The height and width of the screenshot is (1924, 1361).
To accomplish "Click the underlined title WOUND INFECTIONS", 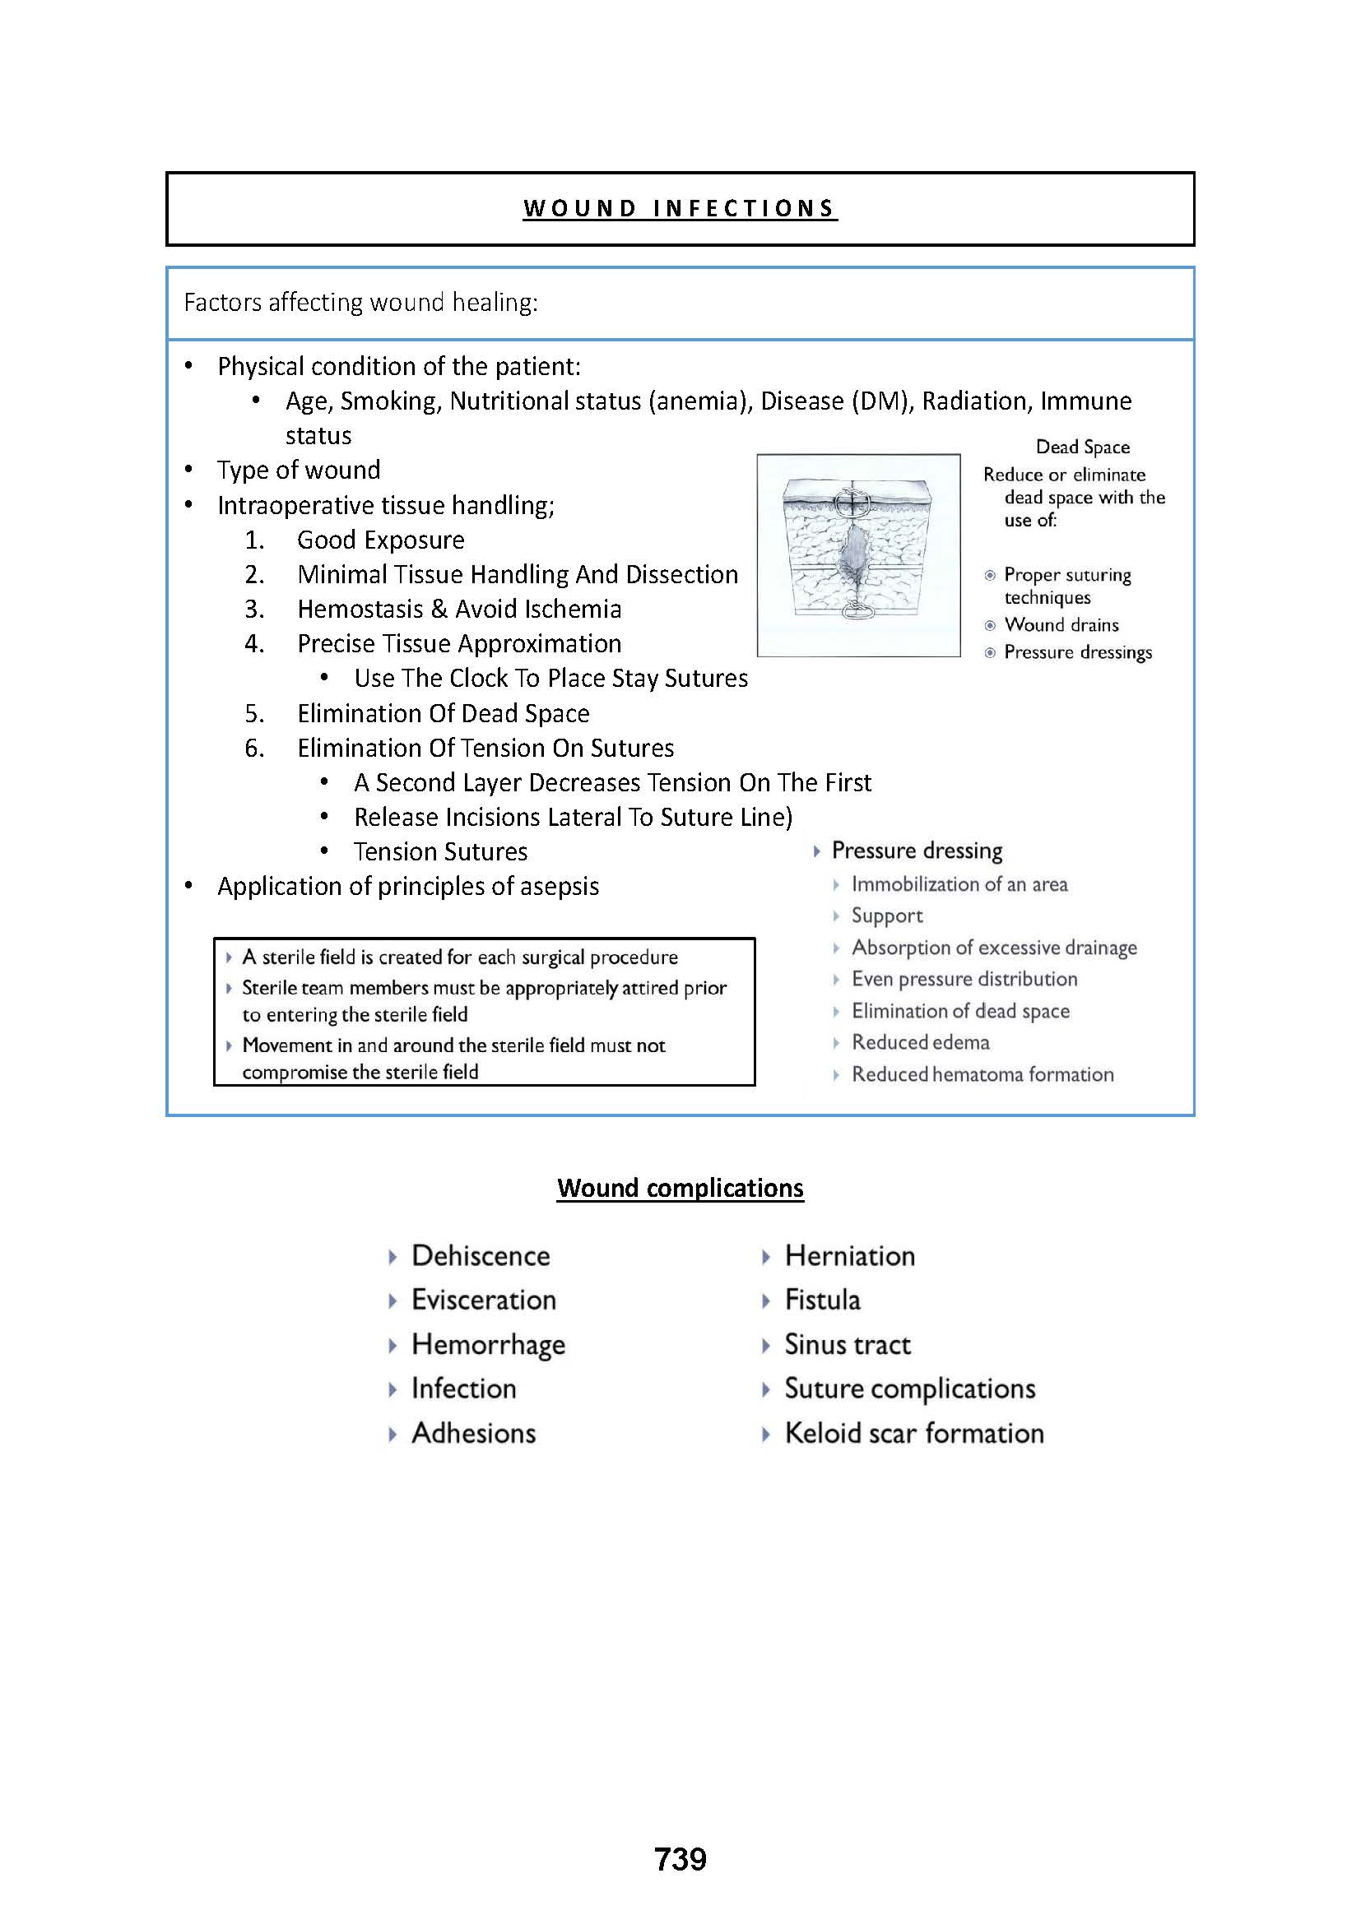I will pos(680,208).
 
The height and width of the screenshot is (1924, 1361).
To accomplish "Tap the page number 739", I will pos(680,1859).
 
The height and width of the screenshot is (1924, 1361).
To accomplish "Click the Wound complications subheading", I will pos(680,1188).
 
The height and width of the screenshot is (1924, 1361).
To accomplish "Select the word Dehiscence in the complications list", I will pos(481,1255).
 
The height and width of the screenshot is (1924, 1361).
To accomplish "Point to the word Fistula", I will pos(822,1300).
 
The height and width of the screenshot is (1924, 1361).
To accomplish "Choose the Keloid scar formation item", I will pos(913,1433).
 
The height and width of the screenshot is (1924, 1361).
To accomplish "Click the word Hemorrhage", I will pos(488,1344).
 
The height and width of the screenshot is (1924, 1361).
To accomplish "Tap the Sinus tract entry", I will pos(847,1344).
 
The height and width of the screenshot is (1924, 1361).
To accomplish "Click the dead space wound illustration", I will pos(858,554).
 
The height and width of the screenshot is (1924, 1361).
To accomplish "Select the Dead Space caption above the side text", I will pos(1082,447).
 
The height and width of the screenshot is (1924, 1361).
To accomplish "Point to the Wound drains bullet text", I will pos(1061,624).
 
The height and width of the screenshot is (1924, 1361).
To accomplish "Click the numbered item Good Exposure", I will pos(380,540).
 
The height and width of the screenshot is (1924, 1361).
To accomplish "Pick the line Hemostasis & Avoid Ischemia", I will pos(459,610).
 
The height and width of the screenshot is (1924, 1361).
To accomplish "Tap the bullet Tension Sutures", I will pos(440,851).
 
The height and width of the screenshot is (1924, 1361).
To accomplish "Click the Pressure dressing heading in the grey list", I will pos(916,851).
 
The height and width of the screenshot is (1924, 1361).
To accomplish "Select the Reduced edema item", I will pos(920,1042).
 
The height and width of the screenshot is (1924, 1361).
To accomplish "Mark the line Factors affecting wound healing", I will pos(360,302).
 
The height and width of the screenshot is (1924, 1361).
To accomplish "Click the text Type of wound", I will pos(299,471).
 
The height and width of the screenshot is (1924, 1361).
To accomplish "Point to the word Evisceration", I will pos(484,1300).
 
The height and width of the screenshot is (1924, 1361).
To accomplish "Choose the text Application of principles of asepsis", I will pos(408,887).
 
